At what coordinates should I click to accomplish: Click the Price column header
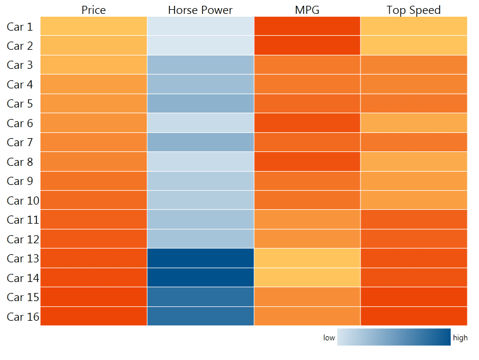click(94, 10)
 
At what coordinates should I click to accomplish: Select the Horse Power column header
click(200, 10)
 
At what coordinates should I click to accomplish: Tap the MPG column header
click(307, 10)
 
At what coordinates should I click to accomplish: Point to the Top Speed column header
click(413, 10)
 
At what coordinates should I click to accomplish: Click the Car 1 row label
click(20, 27)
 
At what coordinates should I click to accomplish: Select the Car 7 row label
click(20, 143)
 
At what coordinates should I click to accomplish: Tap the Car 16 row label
click(22, 317)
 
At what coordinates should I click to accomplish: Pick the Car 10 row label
click(22, 201)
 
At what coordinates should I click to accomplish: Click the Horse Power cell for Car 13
click(200, 258)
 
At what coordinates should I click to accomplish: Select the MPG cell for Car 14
click(307, 278)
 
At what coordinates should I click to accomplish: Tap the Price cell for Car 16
click(94, 317)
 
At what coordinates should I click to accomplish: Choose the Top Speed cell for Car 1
click(414, 27)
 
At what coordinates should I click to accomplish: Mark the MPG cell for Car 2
click(307, 46)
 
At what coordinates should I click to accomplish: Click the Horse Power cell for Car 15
click(200, 297)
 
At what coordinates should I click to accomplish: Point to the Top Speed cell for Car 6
click(414, 123)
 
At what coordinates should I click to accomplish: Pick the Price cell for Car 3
click(94, 65)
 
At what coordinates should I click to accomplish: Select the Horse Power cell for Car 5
click(200, 104)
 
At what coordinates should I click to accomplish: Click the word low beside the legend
click(329, 338)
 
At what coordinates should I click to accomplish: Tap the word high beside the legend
click(460, 338)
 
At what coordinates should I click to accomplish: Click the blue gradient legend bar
click(393, 337)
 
